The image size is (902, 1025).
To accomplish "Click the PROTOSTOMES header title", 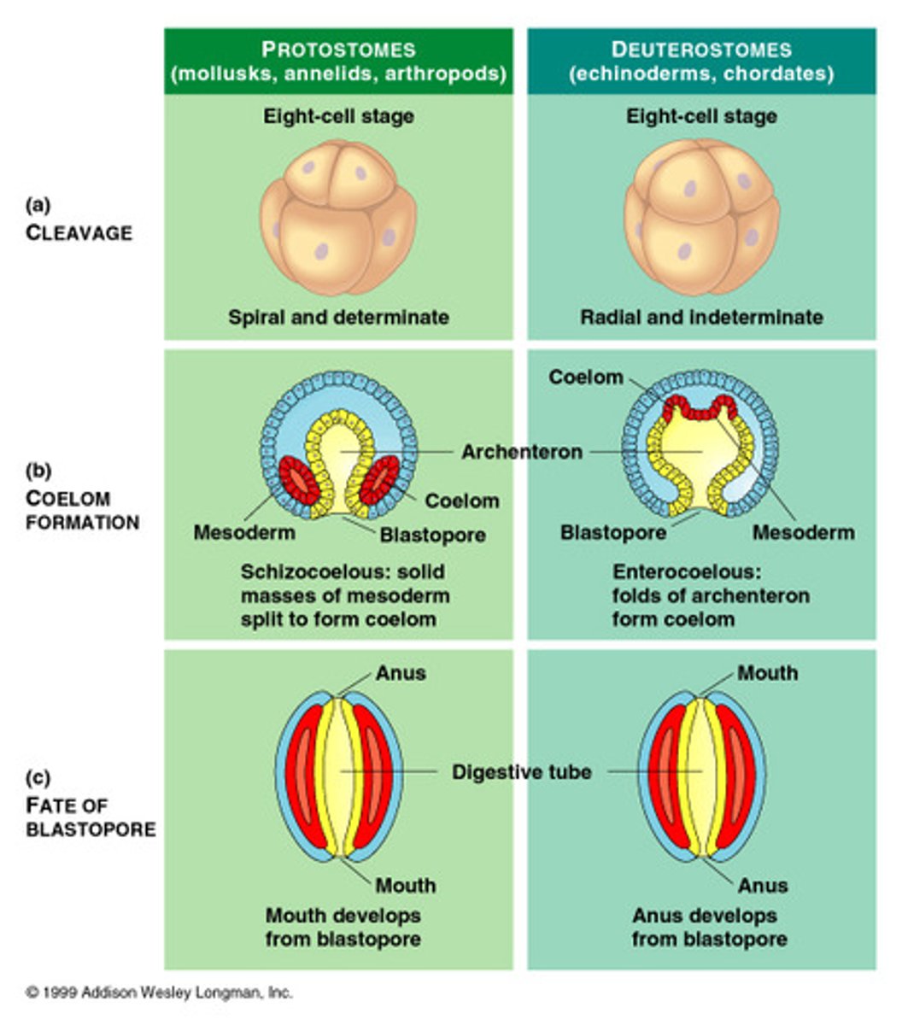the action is (x=338, y=50).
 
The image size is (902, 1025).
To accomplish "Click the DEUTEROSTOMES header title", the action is (x=701, y=50).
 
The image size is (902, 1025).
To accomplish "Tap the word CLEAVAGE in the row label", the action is (x=79, y=232).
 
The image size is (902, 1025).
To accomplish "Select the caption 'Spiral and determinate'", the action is (x=338, y=317).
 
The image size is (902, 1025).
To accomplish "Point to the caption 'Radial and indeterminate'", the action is (x=701, y=317).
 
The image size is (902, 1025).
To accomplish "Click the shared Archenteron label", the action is (x=522, y=451).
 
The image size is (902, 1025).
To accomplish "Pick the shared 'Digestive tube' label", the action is (x=522, y=771).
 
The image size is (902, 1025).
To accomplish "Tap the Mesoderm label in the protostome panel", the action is (x=244, y=532).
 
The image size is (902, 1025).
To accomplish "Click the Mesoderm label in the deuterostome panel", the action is (x=804, y=532).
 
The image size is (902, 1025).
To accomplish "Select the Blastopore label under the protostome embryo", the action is (x=432, y=535).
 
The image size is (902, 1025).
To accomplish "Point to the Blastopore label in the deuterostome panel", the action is (x=613, y=532).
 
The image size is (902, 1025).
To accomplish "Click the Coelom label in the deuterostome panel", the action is (x=586, y=377).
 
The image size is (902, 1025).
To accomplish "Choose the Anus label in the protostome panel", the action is (x=401, y=673).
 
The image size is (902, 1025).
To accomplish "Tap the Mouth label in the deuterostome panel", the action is (x=767, y=673).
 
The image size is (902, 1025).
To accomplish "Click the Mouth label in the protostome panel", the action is (x=405, y=886).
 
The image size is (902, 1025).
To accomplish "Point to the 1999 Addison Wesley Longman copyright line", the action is (x=160, y=993).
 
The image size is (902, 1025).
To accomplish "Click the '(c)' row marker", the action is (x=38, y=776).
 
